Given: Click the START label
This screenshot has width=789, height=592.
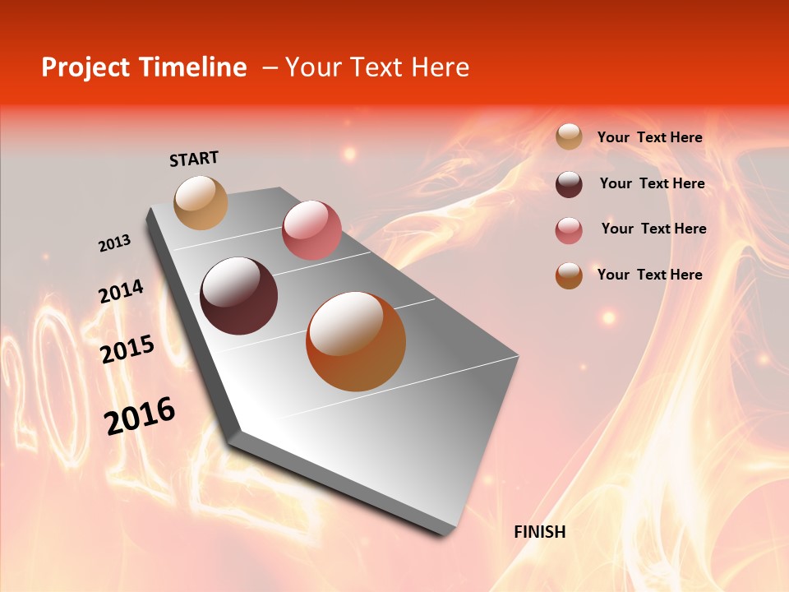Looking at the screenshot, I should point(194,159).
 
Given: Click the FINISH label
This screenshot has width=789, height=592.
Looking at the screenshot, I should point(539,532).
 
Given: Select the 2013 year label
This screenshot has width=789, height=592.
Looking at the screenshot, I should point(114,243).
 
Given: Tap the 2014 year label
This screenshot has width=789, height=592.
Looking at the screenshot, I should point(121,292).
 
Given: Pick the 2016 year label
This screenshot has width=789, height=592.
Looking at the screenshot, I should point(140,416).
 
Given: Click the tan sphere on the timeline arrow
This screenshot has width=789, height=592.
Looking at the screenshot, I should point(201,202).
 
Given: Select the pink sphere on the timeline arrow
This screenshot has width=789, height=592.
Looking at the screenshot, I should point(311,229).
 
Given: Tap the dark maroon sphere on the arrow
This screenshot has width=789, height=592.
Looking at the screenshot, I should point(238,296).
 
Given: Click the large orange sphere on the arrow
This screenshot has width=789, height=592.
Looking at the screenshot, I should point(356,341).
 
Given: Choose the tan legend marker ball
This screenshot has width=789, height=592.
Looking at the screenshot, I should point(569,136).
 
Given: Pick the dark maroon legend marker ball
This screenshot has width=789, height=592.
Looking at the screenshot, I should point(569,184).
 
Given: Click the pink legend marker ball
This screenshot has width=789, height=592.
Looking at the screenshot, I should point(569,230).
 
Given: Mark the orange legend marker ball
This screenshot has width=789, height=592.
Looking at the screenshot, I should point(569,275).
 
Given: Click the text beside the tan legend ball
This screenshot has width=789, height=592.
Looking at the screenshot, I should point(649,137).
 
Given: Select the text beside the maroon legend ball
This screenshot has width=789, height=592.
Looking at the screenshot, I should point(652,183).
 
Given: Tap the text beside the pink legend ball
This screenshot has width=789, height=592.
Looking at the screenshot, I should point(653,229).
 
